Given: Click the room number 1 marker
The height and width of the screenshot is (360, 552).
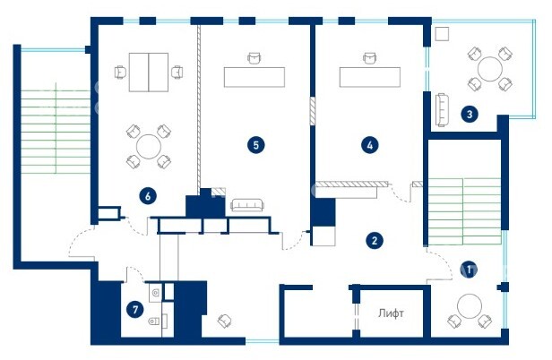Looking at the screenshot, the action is pos(469,270).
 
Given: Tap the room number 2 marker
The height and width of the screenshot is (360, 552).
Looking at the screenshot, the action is pos(375,241).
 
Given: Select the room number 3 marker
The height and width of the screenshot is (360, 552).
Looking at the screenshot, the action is pos(470,114).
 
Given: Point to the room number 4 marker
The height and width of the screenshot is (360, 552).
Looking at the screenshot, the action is pos(369,145).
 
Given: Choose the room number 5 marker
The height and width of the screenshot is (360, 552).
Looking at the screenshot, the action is pos(256,145).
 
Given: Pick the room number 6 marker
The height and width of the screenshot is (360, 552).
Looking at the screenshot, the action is pos(148,196).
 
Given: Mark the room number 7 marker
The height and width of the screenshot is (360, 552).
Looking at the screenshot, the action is pos(134,310).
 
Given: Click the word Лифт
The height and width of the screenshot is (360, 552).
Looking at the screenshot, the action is pos(391,313).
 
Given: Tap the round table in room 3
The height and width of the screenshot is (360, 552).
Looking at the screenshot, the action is pos(489,69).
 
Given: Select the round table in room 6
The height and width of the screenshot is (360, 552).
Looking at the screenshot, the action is pos(149,146).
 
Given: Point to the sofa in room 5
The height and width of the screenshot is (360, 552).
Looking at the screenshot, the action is pos(247,205).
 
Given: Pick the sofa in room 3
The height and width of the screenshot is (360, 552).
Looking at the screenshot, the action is pos(442,110).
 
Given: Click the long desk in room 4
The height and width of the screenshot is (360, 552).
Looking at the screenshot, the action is pos(369,77).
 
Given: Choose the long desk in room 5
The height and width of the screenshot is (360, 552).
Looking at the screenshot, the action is pos(254,77).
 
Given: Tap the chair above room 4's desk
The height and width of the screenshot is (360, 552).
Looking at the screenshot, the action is pos(369,58).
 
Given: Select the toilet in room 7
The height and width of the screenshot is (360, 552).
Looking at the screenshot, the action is pos(155,321).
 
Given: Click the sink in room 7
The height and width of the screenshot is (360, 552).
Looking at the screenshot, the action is pos(156,293).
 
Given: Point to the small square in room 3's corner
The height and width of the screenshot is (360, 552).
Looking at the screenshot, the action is pos(442,34).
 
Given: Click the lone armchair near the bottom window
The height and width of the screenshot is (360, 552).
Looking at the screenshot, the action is pos(224,321).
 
